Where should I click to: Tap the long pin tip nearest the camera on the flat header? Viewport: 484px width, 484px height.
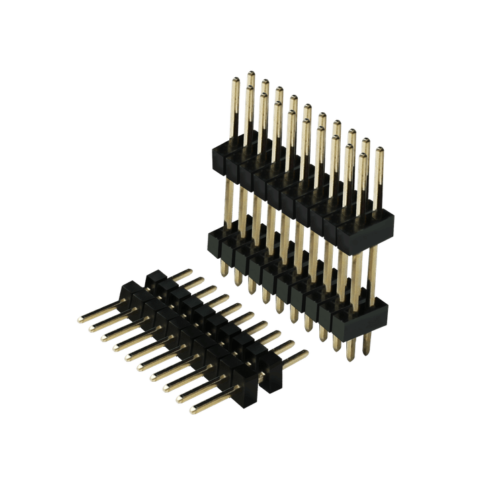[x=194, y=409]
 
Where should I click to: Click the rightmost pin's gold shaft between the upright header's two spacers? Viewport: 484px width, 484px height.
[x=374, y=262]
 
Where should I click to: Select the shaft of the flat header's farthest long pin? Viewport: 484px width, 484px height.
[x=101, y=311]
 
